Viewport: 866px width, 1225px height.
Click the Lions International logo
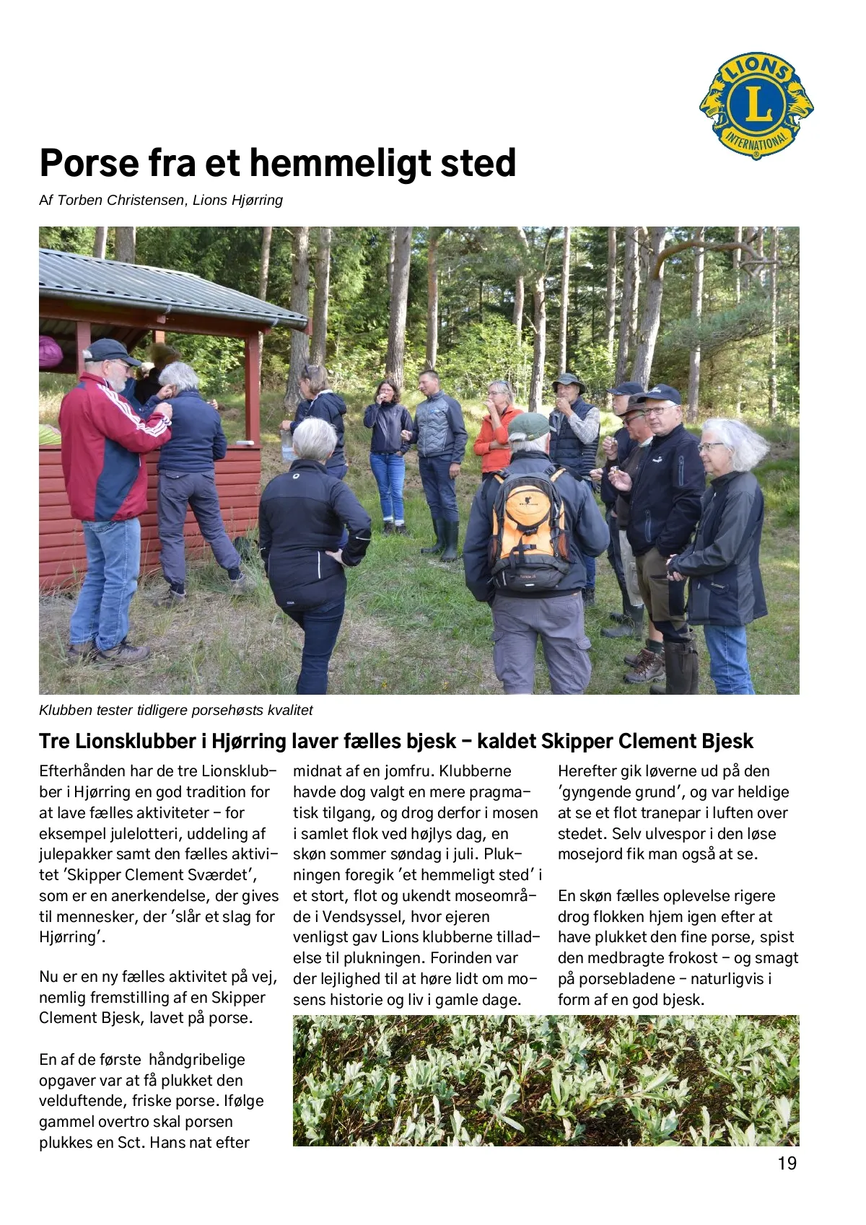click(756, 105)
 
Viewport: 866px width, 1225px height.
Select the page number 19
click(787, 1163)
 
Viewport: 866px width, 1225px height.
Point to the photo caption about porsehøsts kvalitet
click(175, 711)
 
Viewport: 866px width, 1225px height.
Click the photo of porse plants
click(546, 1080)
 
